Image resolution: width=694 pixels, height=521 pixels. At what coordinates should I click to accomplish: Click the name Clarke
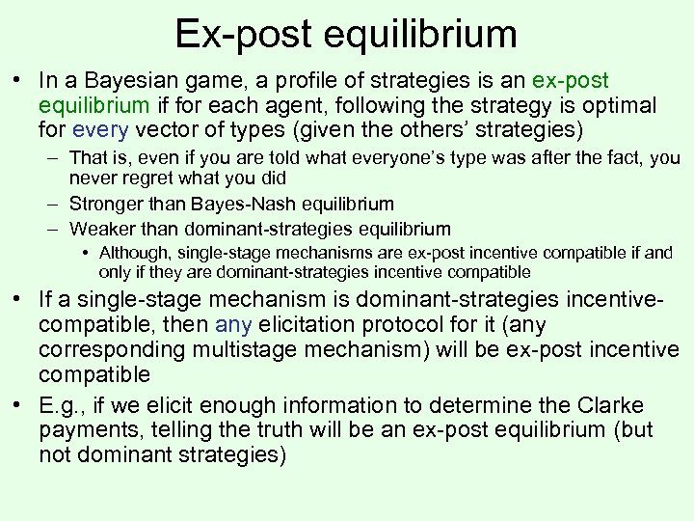coord(613,404)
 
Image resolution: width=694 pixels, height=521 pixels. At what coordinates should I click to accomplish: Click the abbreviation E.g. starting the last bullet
coord(61,404)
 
